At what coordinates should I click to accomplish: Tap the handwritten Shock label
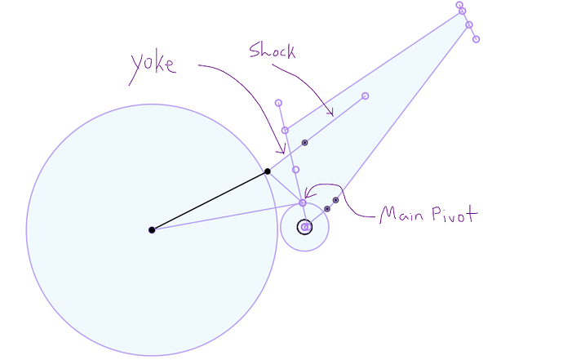click(272, 51)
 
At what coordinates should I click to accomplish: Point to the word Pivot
click(454, 216)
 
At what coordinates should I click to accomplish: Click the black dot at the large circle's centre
click(152, 230)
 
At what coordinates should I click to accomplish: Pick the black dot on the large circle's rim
click(268, 171)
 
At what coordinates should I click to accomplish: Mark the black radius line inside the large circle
click(210, 201)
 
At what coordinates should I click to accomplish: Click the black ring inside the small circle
click(304, 227)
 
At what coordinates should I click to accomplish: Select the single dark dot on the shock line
click(305, 143)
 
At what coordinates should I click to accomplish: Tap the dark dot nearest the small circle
click(327, 209)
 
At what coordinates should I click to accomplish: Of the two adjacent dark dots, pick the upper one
click(335, 200)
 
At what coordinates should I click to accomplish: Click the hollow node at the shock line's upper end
click(365, 96)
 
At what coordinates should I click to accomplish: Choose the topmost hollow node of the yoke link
click(279, 103)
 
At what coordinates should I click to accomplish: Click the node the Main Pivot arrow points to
click(303, 202)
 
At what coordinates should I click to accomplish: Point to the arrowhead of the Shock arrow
click(331, 113)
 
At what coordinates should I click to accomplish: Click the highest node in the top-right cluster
click(460, 5)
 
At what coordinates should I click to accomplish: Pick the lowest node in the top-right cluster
click(477, 39)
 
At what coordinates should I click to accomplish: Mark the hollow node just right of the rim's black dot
click(295, 170)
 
